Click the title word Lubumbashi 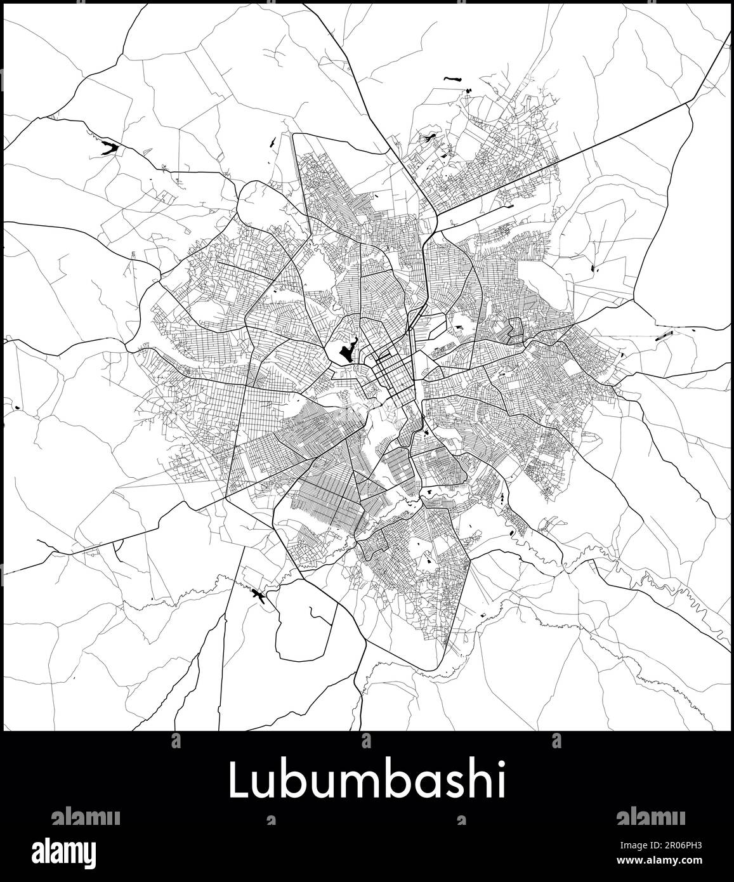pyautogui.click(x=367, y=782)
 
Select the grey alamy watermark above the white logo pyautogui.click(x=85, y=816)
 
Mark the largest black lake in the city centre pyautogui.click(x=346, y=352)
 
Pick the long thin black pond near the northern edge pyautogui.click(x=453, y=79)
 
